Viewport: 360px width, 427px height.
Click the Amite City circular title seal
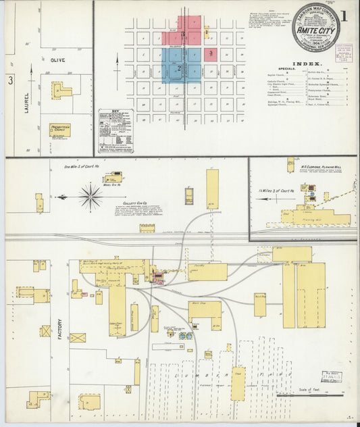click(314, 28)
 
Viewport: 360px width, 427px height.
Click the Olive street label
click(57, 60)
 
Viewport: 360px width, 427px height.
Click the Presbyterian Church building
click(59, 129)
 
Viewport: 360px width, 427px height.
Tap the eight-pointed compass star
click(90, 197)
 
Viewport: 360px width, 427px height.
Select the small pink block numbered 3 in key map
click(211, 53)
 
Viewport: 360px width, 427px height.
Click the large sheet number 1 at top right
click(344, 16)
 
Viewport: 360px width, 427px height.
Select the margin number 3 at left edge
click(10, 80)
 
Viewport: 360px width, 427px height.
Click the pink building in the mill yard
click(159, 276)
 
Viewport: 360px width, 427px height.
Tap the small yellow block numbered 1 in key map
click(206, 31)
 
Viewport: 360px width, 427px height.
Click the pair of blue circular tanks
click(185, 335)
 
